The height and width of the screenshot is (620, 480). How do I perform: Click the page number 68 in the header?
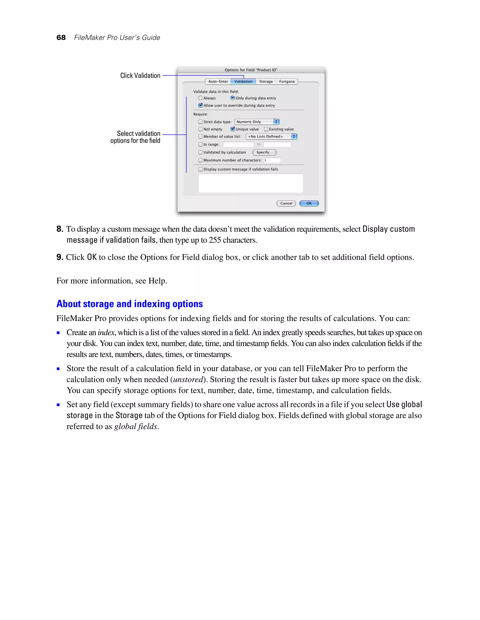point(61,37)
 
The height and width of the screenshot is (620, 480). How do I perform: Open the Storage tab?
point(266,81)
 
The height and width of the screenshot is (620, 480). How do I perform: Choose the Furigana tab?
point(287,81)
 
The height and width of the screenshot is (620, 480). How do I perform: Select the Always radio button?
point(200,98)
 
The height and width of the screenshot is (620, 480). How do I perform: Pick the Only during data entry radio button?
point(232,98)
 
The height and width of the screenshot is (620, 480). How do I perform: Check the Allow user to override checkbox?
point(200,105)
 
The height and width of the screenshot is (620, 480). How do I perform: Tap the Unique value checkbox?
point(232,129)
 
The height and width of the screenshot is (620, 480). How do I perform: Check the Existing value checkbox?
point(266,129)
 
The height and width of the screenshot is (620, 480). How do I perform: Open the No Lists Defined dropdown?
point(271,137)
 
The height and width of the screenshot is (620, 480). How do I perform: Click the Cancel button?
point(286,203)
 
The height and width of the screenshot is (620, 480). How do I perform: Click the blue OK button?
point(309,203)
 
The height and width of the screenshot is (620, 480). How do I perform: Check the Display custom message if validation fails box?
point(200,169)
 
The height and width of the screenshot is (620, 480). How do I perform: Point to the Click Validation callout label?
point(140,76)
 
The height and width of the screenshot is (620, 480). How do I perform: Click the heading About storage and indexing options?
point(129,304)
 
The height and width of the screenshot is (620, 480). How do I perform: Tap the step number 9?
point(60,257)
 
